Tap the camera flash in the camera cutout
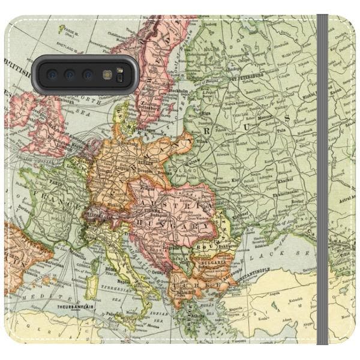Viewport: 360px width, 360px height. pos(107,74)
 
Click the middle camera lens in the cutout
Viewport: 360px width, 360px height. pos(70,74)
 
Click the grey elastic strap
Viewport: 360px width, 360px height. pos(322,180)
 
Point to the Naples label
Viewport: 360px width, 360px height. pos(125,280)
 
